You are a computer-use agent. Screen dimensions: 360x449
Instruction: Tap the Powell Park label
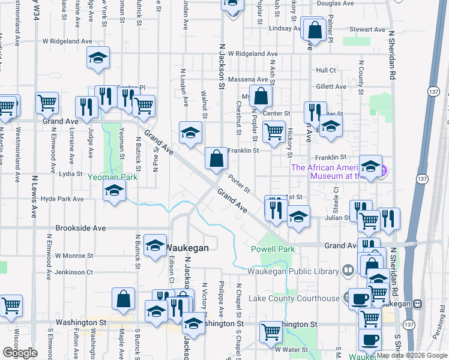(273, 249)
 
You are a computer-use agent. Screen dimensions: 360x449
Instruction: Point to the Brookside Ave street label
(80, 229)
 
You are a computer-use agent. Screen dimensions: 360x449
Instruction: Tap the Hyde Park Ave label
(65, 198)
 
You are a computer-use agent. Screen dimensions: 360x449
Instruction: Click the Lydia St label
(70, 173)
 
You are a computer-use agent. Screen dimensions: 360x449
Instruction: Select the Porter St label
(239, 183)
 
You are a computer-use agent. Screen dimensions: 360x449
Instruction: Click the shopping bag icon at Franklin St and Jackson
(216, 159)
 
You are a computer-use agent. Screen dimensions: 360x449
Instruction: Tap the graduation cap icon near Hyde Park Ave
(114, 191)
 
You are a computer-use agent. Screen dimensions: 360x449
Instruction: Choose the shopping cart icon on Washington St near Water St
(271, 331)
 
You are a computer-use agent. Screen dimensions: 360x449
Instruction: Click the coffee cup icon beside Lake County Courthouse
(360, 298)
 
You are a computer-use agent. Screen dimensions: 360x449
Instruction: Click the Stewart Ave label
(367, 29)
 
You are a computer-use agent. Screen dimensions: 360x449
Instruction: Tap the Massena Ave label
(254, 79)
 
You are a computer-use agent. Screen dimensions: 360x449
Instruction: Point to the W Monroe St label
(74, 255)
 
